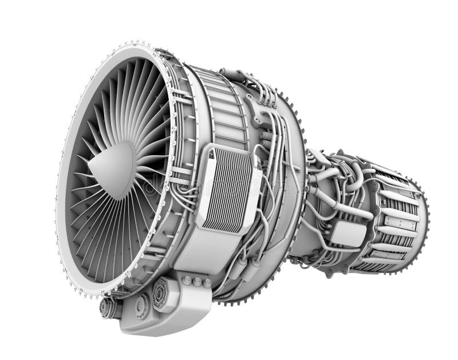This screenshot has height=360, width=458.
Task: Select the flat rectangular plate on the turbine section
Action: [401, 223]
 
